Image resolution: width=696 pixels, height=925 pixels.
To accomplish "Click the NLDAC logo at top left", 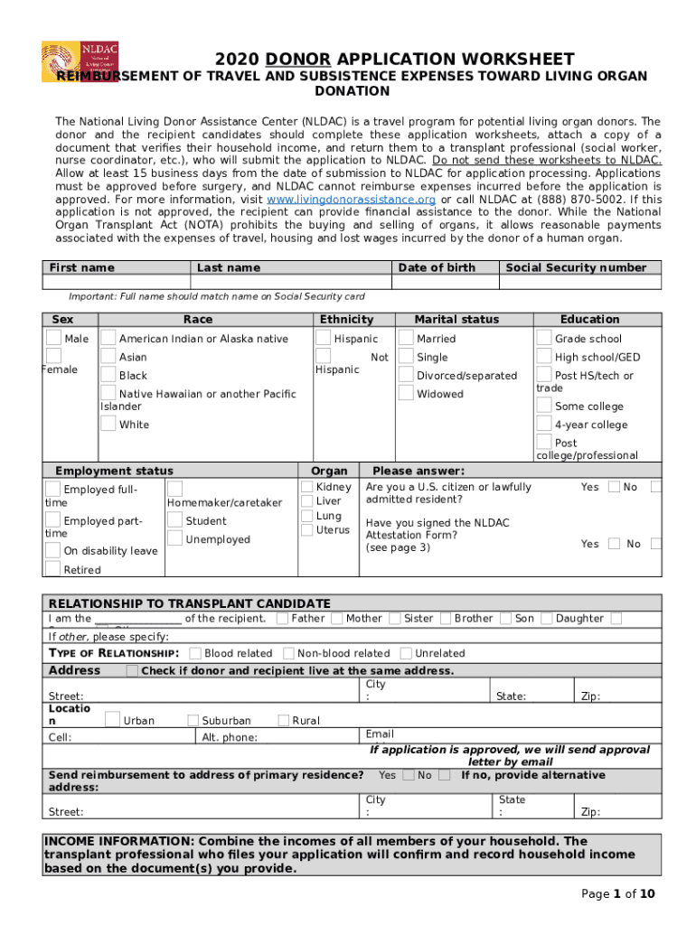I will pyautogui.click(x=80, y=62).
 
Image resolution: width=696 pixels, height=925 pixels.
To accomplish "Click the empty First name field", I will pyautogui.click(x=117, y=282).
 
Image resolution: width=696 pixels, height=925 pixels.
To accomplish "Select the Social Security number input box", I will pyautogui.click(x=582, y=282).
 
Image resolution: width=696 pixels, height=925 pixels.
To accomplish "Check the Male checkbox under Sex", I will pyautogui.click(x=54, y=338).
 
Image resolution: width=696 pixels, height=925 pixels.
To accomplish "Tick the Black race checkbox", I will pyautogui.click(x=108, y=374).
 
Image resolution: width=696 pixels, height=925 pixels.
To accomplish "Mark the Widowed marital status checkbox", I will pyautogui.click(x=404, y=393).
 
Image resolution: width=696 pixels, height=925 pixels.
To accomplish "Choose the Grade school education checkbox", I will pyautogui.click(x=544, y=338).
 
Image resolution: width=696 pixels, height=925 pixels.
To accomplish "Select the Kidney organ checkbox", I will pyautogui.click(x=306, y=487).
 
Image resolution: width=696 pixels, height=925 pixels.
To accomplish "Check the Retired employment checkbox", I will pyautogui.click(x=53, y=568).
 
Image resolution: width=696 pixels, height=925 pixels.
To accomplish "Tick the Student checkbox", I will pyautogui.click(x=174, y=520).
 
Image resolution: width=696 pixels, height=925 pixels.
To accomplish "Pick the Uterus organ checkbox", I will pyautogui.click(x=306, y=529).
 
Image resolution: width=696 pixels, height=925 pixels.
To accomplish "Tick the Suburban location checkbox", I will pyautogui.click(x=193, y=720).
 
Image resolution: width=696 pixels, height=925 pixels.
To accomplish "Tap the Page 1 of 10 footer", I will pyautogui.click(x=618, y=893).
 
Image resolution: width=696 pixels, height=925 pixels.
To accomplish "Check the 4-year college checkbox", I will pyautogui.click(x=544, y=424).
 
